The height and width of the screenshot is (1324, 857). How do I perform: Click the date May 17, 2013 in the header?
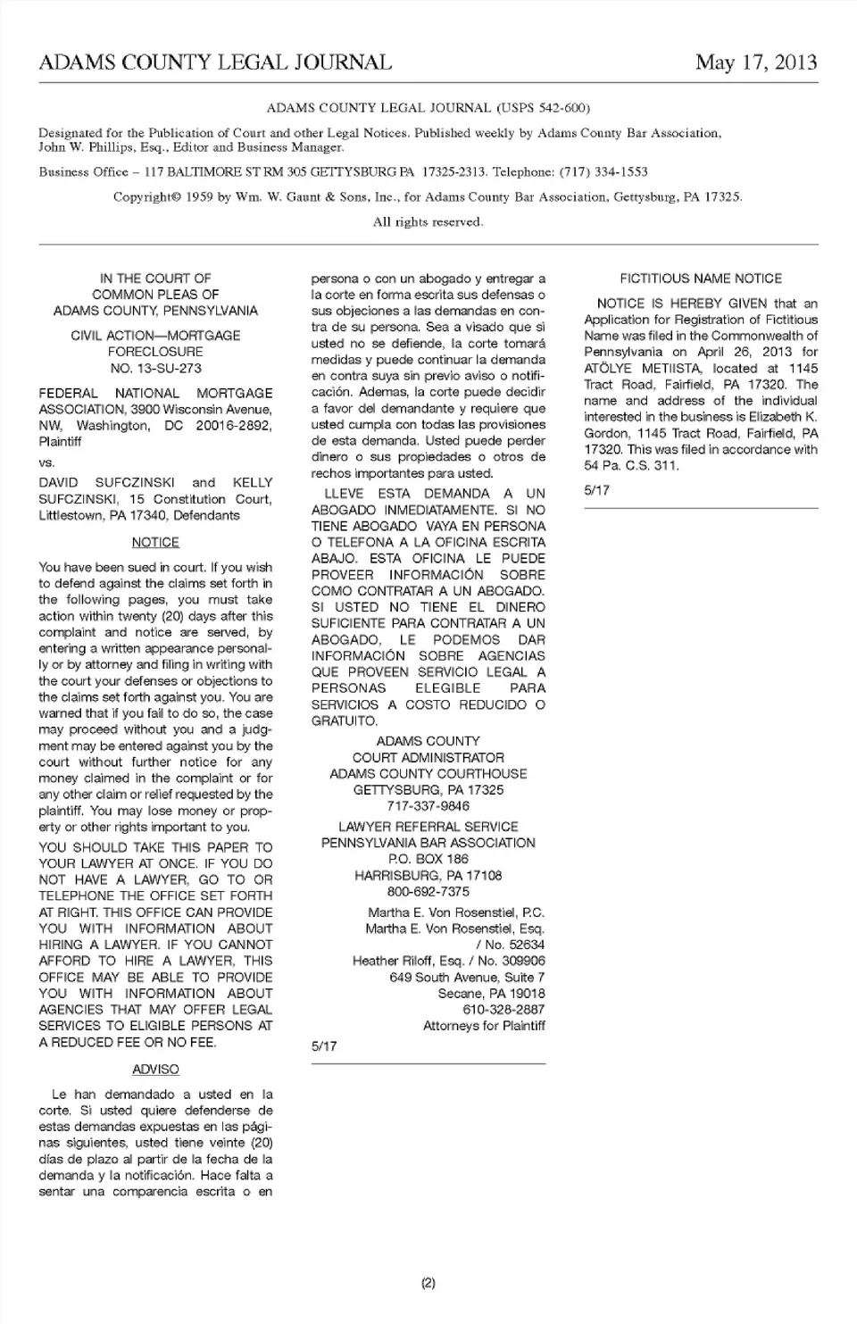pyautogui.click(x=755, y=62)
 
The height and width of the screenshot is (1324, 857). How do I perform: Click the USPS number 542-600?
pyautogui.click(x=558, y=108)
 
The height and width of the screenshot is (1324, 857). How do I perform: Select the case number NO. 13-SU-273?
pyautogui.click(x=155, y=368)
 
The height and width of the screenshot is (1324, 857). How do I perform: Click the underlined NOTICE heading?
pyautogui.click(x=155, y=542)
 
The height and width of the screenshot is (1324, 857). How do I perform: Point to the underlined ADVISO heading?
pyautogui.click(x=155, y=1069)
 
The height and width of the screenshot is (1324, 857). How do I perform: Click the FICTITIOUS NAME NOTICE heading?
pyautogui.click(x=701, y=279)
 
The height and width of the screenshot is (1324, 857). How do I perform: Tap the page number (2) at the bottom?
pyautogui.click(x=428, y=1283)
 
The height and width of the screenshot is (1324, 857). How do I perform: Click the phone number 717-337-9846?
pyautogui.click(x=428, y=806)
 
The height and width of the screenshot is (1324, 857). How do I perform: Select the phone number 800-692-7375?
pyautogui.click(x=428, y=891)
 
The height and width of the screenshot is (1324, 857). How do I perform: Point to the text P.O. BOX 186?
pyautogui.click(x=428, y=859)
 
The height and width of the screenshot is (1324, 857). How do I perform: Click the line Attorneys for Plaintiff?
pyautogui.click(x=484, y=1026)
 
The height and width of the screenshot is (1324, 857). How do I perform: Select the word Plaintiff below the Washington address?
pyautogui.click(x=60, y=442)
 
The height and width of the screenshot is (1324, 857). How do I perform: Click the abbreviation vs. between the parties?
pyautogui.click(x=46, y=462)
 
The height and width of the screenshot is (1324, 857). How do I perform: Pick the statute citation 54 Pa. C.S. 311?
pyautogui.click(x=631, y=465)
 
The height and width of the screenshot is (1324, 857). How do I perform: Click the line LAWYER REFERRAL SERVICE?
pyautogui.click(x=428, y=827)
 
